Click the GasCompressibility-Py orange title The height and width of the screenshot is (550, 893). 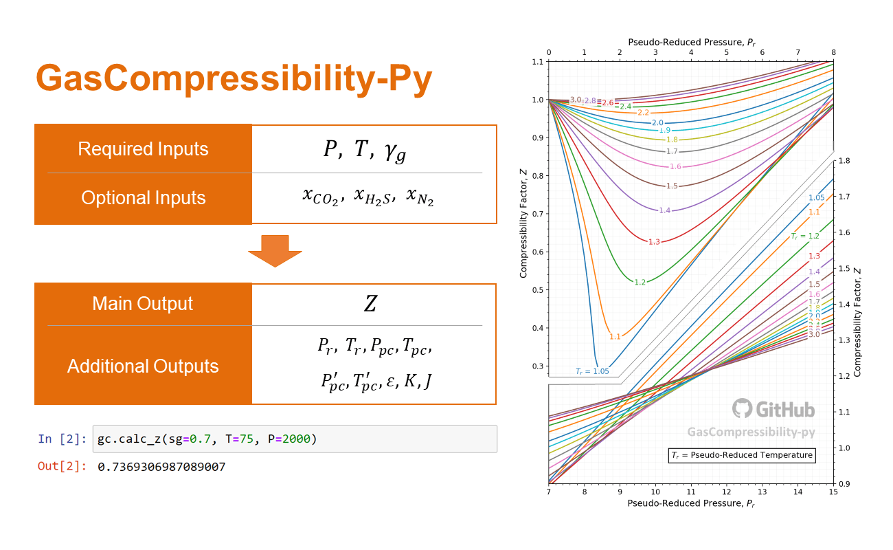(234, 78)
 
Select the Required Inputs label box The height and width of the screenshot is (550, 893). (143, 148)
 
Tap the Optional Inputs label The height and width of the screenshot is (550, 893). (143, 197)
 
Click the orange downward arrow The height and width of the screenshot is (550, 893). (275, 251)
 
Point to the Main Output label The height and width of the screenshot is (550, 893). (142, 303)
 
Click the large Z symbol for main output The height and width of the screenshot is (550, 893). (370, 303)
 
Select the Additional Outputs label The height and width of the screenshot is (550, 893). (143, 366)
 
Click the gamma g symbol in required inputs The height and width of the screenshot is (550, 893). (396, 152)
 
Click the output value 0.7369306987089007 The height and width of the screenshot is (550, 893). (161, 467)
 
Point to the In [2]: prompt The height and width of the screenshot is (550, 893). (63, 439)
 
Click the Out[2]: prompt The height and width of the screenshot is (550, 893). (63, 466)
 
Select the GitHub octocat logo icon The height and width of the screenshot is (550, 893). (742, 408)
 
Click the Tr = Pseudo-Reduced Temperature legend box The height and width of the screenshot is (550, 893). (742, 455)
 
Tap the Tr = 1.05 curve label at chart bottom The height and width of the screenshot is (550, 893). (592, 371)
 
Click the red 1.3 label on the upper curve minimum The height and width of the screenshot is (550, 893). (654, 242)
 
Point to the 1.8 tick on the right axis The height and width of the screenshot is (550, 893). (844, 161)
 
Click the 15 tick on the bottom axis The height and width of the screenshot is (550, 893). (833, 492)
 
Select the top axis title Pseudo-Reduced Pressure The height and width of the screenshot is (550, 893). (692, 43)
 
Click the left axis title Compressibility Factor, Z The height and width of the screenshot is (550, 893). (523, 223)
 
